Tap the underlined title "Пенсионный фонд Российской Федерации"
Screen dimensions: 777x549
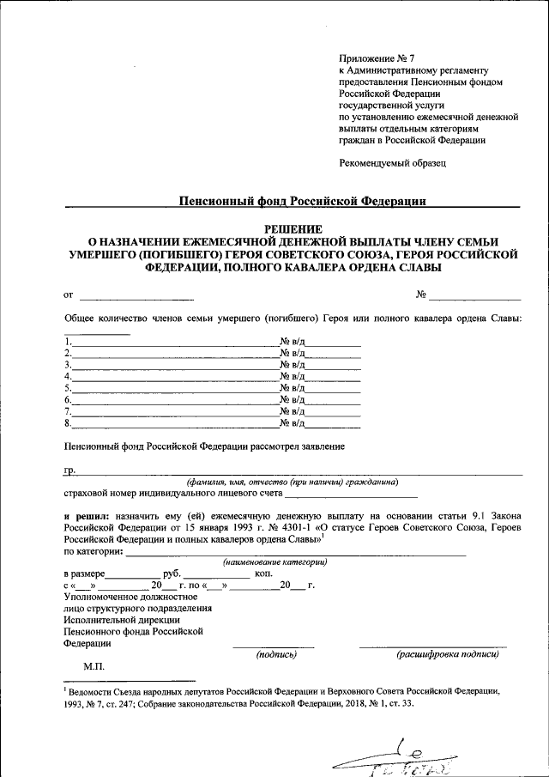pyautogui.click(x=302, y=201)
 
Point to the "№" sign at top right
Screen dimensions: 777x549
pyautogui.click(x=421, y=294)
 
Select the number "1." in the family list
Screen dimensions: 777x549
pyautogui.click(x=68, y=342)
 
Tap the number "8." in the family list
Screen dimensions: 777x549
pyautogui.click(x=68, y=422)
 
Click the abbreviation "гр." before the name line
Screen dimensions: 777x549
pyautogui.click(x=70, y=470)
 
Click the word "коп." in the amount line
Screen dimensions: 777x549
pyautogui.click(x=263, y=573)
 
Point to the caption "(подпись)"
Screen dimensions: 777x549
pyautogui.click(x=275, y=654)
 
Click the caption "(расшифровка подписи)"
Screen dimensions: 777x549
pyautogui.click(x=446, y=654)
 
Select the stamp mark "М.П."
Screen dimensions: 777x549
pyautogui.click(x=94, y=665)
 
